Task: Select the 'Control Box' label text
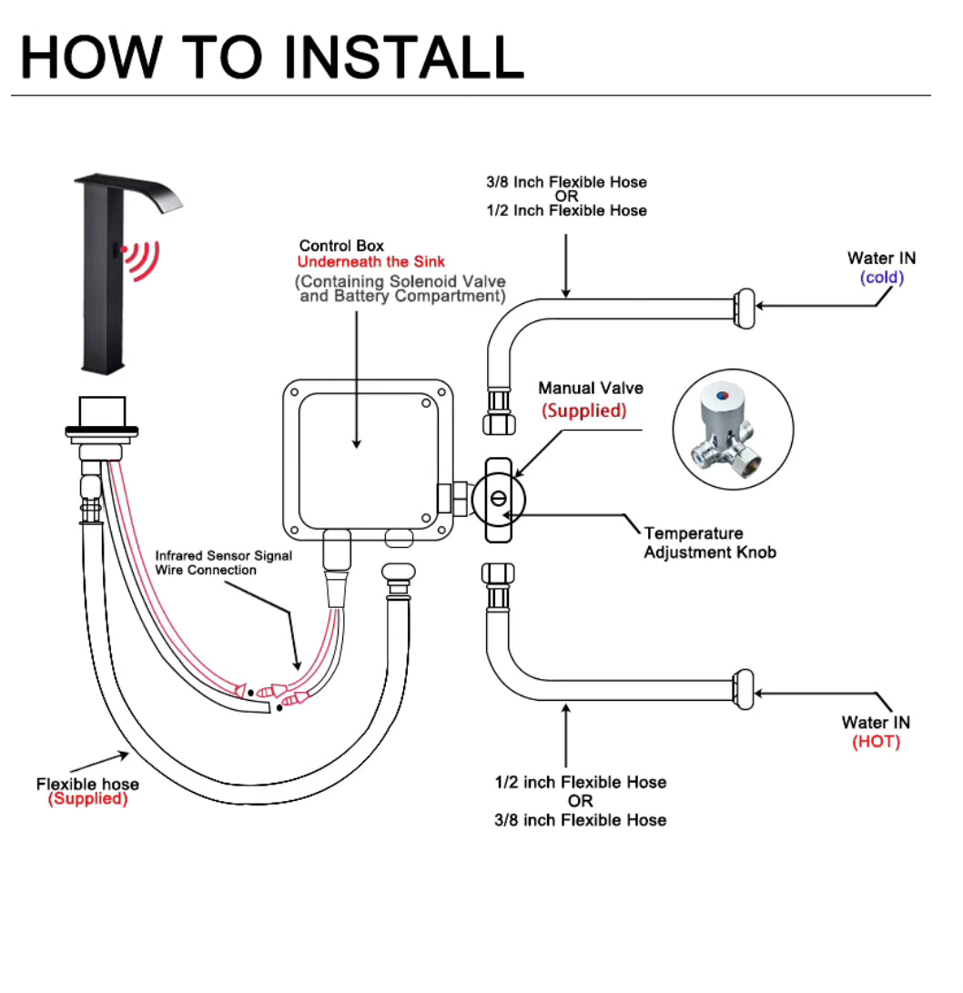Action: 341,246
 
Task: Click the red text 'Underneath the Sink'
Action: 371,262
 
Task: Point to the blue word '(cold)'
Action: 881,277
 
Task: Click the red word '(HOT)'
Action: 876,742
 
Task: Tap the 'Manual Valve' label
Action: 590,389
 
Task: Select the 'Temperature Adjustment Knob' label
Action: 710,542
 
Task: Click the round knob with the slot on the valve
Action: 499,499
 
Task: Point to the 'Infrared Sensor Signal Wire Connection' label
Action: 223,562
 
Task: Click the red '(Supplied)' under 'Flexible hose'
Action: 87,799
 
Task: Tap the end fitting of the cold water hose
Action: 745,307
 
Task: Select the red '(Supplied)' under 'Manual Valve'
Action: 583,410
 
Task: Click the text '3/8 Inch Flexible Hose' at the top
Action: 566,182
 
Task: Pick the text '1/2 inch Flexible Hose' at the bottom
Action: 580,782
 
